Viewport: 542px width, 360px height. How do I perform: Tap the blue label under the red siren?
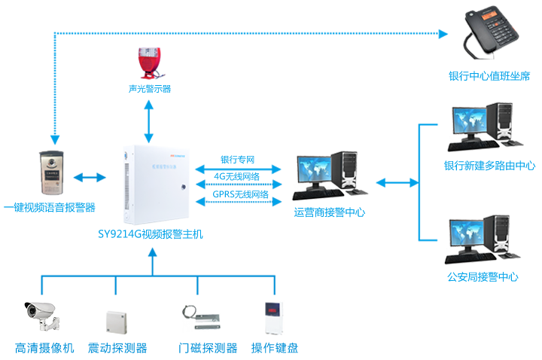148,88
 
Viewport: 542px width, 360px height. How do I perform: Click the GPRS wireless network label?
240,194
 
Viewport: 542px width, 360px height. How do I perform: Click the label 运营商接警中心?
329,213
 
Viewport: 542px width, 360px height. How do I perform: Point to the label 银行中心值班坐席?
489,76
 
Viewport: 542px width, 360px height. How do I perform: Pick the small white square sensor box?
117,322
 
